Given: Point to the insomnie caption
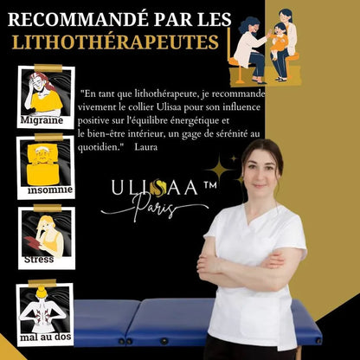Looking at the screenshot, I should pos(50,189).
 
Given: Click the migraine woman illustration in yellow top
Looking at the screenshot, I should pos(44,93).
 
